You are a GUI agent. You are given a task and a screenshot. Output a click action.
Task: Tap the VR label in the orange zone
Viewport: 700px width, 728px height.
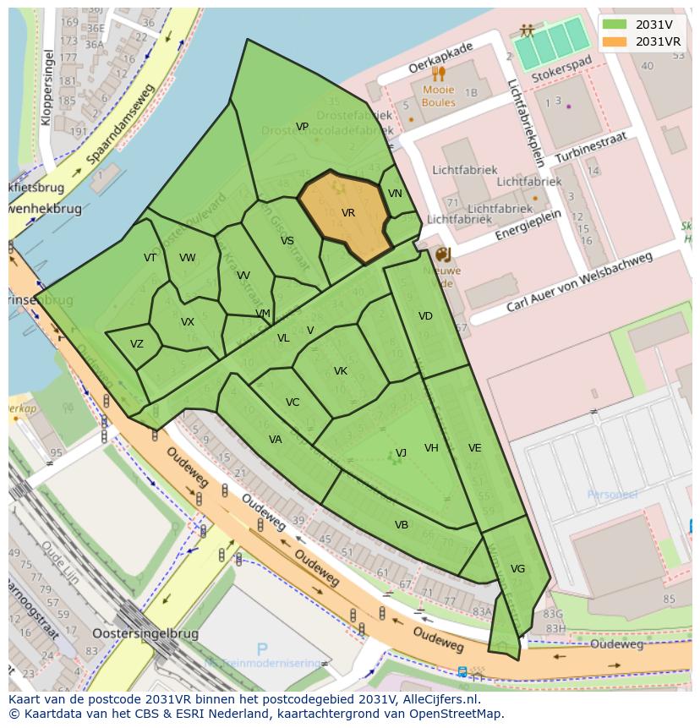click(x=347, y=213)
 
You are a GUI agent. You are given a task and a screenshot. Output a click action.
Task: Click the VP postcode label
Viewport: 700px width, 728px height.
click(x=302, y=127)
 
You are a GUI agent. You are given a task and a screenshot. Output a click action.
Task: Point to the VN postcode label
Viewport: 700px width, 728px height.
click(x=395, y=194)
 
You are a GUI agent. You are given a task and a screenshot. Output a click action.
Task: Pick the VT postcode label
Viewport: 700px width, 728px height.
click(x=150, y=258)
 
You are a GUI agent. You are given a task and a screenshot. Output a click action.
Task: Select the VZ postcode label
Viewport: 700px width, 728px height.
click(x=137, y=343)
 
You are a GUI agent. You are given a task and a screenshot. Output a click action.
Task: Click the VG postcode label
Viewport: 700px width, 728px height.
click(x=517, y=569)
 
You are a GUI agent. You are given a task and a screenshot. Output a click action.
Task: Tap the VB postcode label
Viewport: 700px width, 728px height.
click(x=402, y=525)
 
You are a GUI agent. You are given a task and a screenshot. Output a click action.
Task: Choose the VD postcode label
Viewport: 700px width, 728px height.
click(x=425, y=316)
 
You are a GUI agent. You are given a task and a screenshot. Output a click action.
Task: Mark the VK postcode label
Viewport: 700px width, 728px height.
click(x=341, y=371)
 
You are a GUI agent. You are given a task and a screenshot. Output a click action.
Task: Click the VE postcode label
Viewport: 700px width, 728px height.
click(x=474, y=448)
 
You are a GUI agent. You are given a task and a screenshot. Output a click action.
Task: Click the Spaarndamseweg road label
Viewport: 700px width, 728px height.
click(x=121, y=125)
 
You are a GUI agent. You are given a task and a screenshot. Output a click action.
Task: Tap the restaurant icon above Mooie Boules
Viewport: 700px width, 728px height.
click(x=438, y=74)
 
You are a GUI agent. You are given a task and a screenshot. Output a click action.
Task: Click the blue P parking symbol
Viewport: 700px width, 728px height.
click(x=262, y=649)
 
